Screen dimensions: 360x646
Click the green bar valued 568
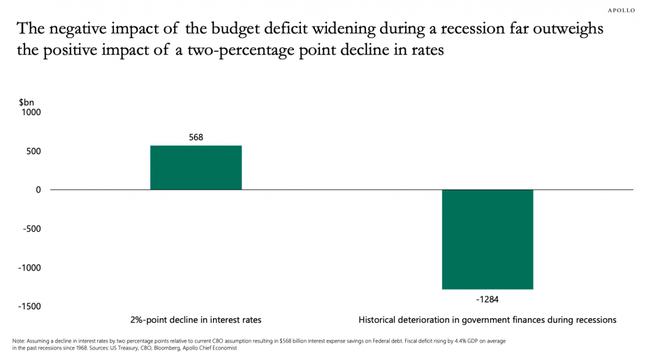tap(196, 167)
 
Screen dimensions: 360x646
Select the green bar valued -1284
tap(487, 239)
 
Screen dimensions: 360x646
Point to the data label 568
tap(196, 138)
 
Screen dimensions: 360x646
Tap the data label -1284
tap(487, 300)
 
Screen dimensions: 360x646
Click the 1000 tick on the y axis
tap(31, 112)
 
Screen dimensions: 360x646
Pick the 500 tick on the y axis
tap(33, 151)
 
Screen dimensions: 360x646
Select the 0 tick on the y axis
tap(38, 190)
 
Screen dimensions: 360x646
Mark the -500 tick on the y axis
tap(32, 229)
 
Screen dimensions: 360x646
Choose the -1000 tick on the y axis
tap(30, 268)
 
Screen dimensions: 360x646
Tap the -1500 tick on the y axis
tap(30, 306)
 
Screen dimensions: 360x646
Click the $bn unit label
tap(27, 102)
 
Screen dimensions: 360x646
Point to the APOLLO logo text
tap(621, 10)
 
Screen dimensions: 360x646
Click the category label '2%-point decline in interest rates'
tap(196, 320)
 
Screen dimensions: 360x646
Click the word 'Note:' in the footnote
tap(19, 341)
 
